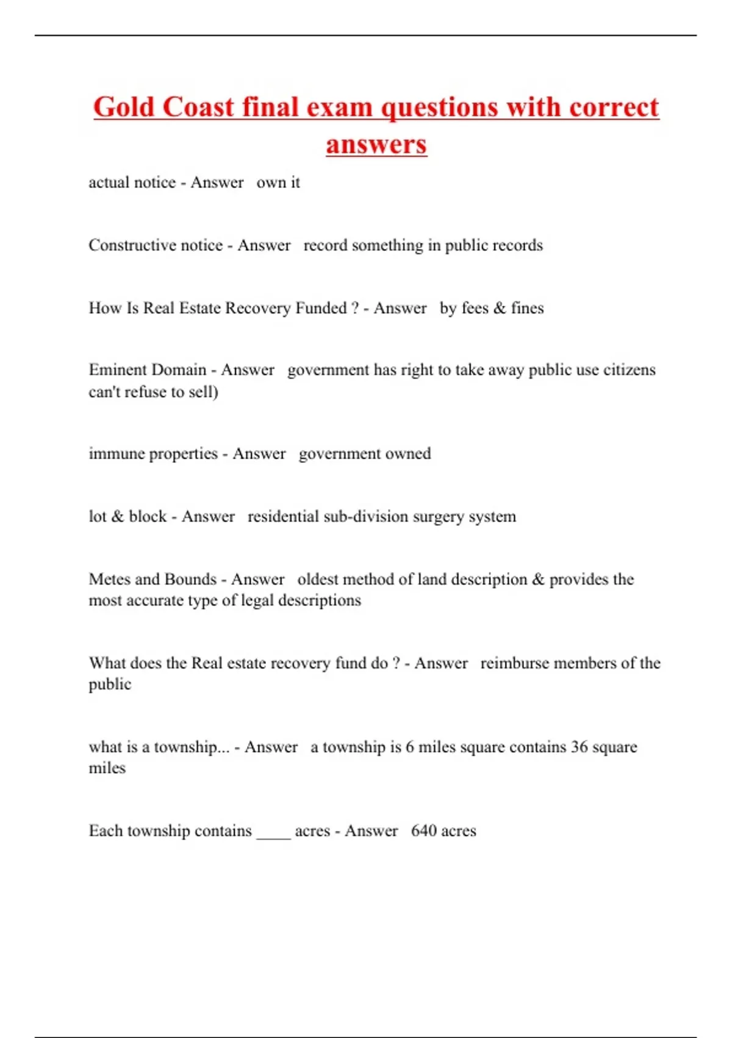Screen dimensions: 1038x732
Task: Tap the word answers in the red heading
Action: (x=376, y=145)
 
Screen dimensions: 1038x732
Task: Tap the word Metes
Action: (x=110, y=579)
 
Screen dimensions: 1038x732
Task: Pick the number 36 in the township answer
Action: (x=579, y=747)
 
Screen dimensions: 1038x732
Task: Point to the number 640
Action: (x=423, y=831)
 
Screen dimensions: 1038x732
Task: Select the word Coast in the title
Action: (x=198, y=107)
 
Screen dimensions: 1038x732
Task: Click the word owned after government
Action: (x=407, y=454)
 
